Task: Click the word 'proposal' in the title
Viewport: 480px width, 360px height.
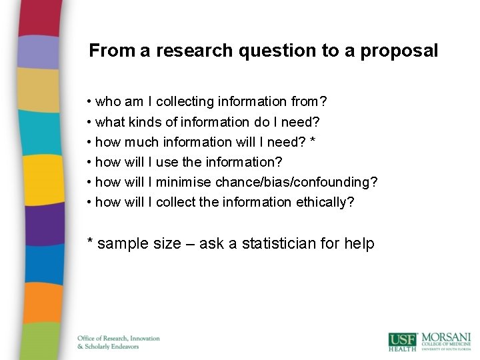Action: (399, 51)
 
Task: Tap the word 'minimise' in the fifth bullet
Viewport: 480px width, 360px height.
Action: (186, 182)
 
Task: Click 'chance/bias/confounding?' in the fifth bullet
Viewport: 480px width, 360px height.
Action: (296, 182)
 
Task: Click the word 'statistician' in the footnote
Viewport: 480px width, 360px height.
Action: (272, 244)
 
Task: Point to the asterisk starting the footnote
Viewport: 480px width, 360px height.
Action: (90, 241)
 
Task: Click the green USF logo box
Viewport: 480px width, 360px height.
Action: (403, 340)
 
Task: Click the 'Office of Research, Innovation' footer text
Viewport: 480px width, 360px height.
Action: (119, 338)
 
